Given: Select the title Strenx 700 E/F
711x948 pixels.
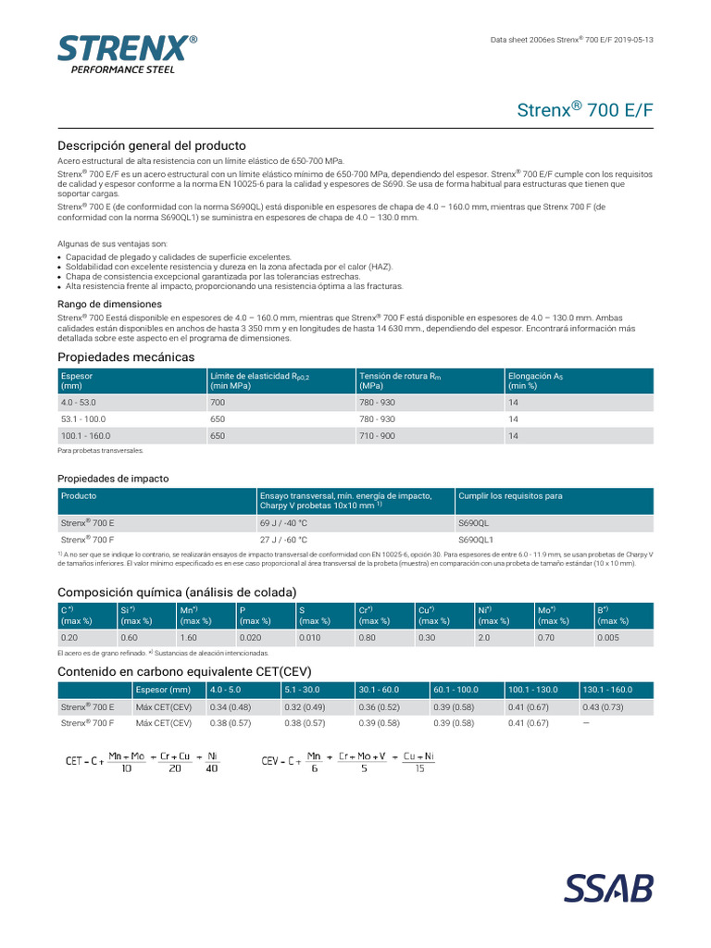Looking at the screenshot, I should coord(583,109).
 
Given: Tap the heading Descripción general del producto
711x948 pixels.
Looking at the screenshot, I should coord(152,146).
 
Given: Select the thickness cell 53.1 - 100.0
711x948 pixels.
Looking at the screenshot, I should coord(84,419).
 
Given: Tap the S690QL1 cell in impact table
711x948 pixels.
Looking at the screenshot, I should coord(479,539).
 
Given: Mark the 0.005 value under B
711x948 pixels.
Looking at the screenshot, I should coord(608,638).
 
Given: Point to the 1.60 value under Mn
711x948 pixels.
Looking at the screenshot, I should coord(189,638).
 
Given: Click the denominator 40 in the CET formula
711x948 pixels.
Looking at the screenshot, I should coord(212,767).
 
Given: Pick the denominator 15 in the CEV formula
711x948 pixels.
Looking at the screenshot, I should coord(419,767).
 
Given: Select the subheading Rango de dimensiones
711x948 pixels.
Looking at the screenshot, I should coord(110,304).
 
